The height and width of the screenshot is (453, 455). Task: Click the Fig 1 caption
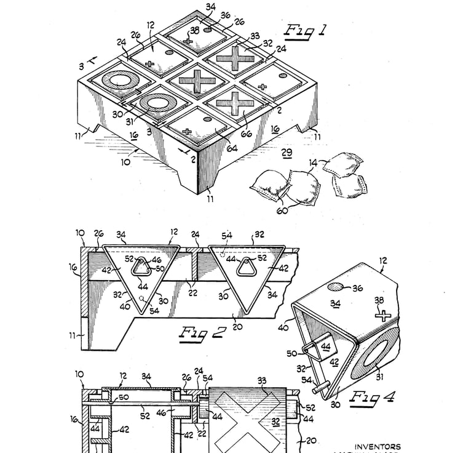[x=306, y=31]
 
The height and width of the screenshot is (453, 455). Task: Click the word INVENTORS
[x=378, y=447]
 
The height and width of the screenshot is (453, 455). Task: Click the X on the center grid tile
[x=197, y=82]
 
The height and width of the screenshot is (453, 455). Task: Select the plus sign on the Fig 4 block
[x=383, y=316]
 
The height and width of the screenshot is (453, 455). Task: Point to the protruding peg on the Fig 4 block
[x=318, y=388]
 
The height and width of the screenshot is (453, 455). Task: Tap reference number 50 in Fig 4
[x=291, y=353]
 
